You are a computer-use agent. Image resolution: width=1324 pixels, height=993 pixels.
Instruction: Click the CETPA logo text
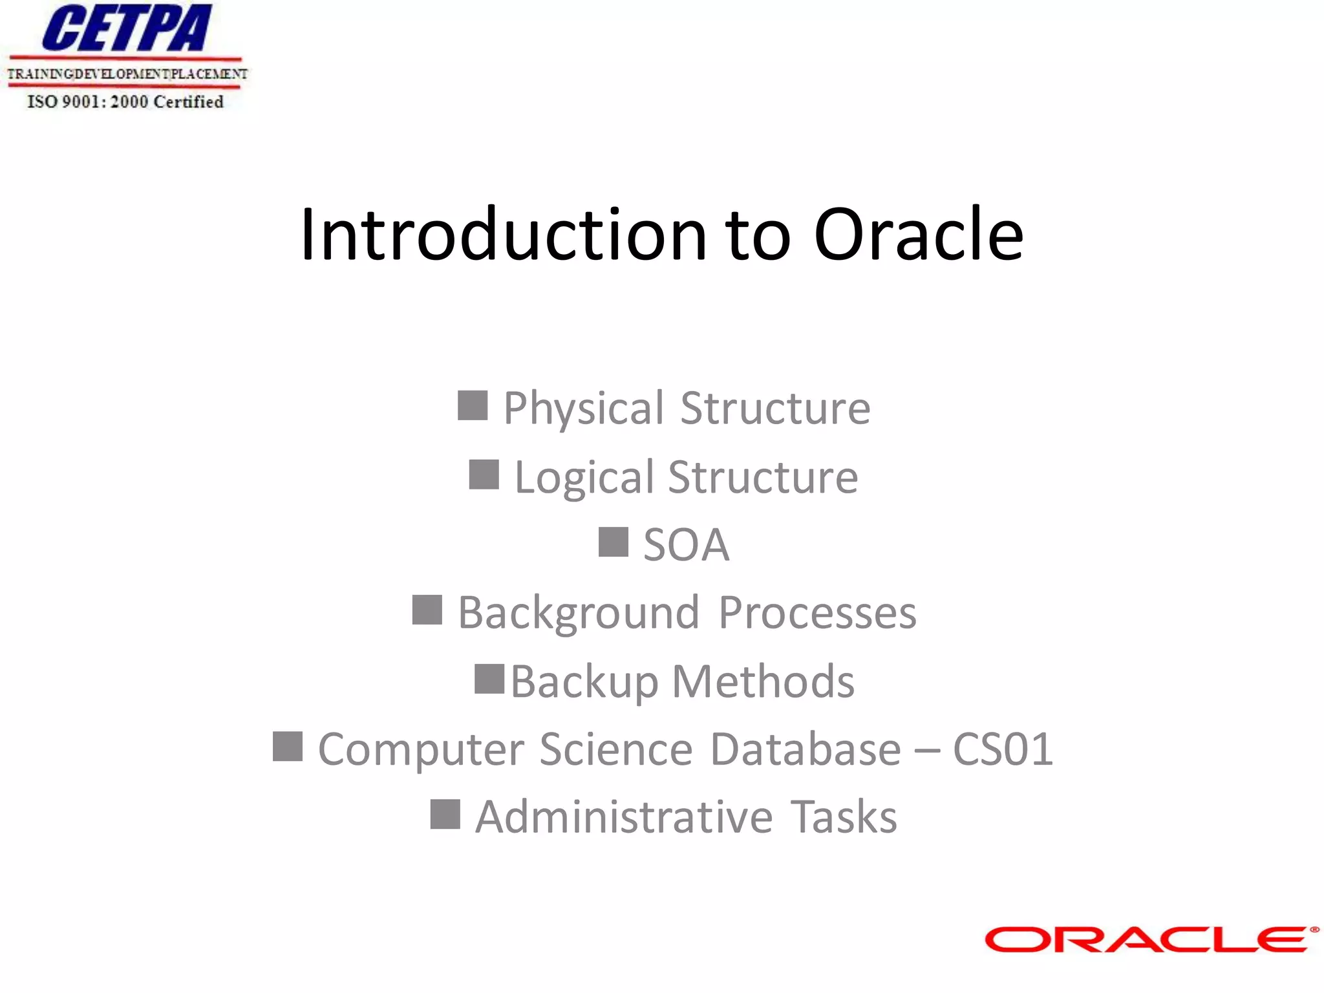[127, 28]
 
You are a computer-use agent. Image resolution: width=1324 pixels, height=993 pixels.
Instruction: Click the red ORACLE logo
[1149, 939]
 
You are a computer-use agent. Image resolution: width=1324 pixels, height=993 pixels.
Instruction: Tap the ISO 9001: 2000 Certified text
[125, 102]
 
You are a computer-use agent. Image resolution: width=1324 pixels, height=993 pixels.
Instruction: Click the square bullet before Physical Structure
[473, 405]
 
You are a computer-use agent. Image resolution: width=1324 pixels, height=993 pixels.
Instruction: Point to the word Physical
[584, 409]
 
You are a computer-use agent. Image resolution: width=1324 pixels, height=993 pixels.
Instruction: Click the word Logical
[584, 478]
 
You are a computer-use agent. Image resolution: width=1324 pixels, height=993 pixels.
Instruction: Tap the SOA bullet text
[686, 545]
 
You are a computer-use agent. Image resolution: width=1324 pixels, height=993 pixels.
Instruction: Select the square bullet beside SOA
[613, 542]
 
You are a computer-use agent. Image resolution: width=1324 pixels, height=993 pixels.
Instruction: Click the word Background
[579, 613]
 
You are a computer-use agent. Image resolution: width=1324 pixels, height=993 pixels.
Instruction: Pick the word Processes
[817, 613]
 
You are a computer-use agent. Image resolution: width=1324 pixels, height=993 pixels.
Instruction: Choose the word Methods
[763, 681]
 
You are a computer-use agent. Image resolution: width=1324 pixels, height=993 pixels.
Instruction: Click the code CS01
[1003, 749]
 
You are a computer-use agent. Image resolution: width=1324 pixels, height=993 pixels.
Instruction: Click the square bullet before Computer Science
[288, 747]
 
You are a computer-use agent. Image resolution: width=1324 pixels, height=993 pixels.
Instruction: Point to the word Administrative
[624, 817]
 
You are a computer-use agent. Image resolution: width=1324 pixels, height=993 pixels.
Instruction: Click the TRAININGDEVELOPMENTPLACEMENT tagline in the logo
[127, 74]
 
